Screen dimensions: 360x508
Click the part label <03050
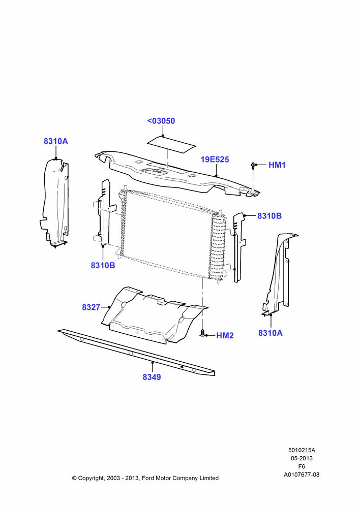coord(161,121)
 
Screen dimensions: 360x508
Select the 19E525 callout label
coord(215,160)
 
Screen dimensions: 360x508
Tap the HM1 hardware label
coord(277,165)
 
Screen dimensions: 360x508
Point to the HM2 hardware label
coord(225,336)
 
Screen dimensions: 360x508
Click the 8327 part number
coord(91,307)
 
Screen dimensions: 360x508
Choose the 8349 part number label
coord(152,377)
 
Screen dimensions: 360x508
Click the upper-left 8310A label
coord(56,141)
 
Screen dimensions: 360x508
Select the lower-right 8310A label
coord(271,333)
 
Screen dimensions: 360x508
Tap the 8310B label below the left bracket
coord(103,265)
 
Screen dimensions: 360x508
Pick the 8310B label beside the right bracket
coord(269,216)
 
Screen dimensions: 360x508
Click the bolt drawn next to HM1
coord(253,165)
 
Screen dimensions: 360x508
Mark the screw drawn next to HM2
coord(203,333)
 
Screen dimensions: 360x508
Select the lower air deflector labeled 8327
coord(155,315)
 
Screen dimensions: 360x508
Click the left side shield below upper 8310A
coord(54,203)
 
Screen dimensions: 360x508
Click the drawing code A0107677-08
coord(302,474)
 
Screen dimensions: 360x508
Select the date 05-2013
coord(302,458)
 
